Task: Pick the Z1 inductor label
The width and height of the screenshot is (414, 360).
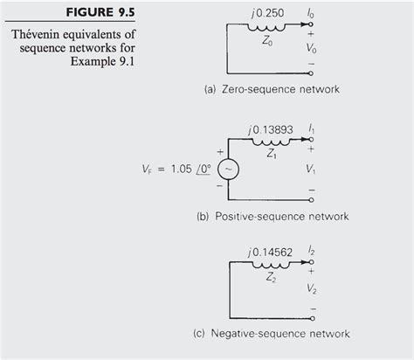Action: (273, 150)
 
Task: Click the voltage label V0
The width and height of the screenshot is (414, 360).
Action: (312, 50)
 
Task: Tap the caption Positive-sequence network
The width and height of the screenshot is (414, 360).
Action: (272, 215)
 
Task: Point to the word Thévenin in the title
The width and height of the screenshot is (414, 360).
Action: (39, 34)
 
